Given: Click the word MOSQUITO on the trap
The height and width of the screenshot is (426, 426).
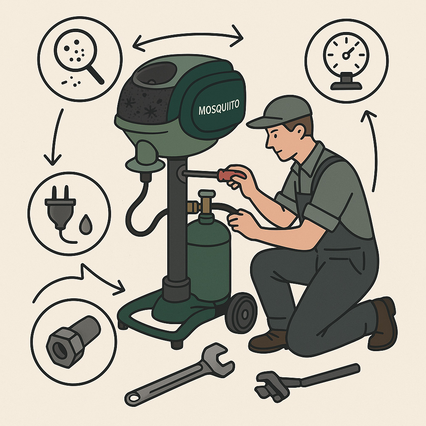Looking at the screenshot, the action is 219,107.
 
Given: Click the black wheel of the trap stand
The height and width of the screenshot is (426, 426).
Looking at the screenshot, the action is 241,313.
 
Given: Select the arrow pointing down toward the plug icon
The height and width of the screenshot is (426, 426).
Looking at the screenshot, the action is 56,136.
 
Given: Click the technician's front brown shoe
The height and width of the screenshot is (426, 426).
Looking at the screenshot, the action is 267,342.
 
